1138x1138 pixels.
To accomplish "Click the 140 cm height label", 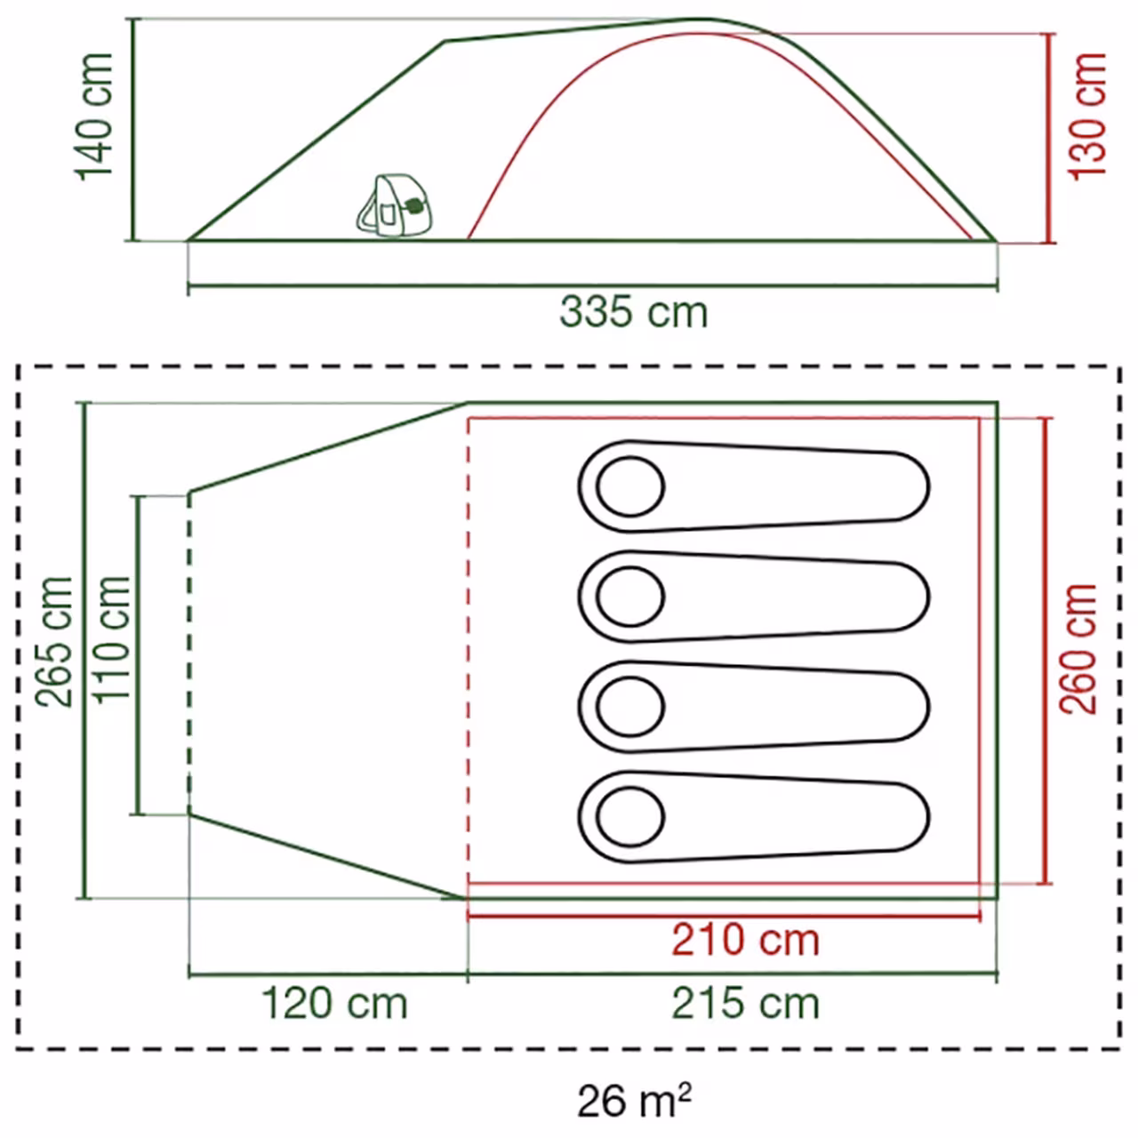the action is [x=93, y=116].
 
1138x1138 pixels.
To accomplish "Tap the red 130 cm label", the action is [x=1086, y=116].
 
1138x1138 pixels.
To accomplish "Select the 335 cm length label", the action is [x=633, y=312].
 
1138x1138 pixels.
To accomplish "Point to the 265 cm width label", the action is [x=53, y=641].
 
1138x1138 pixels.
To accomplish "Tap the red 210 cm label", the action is [x=745, y=940].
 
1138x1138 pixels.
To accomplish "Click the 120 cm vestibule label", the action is [x=334, y=1004].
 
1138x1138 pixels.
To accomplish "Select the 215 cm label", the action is [x=745, y=1004].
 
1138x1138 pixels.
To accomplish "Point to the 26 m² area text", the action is [x=634, y=1099].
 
